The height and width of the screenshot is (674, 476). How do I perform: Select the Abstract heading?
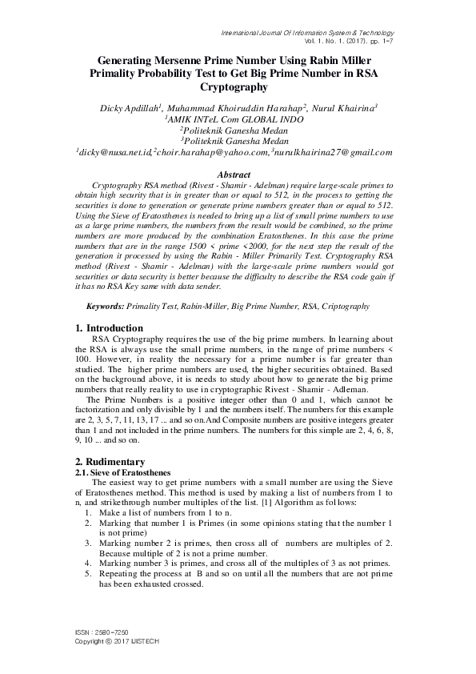[238, 174]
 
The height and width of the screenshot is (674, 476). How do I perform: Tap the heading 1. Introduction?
[109, 328]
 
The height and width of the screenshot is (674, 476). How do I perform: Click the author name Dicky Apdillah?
[130, 106]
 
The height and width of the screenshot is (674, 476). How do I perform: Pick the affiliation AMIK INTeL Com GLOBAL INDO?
[238, 118]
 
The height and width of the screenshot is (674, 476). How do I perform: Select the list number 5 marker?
[88, 575]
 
